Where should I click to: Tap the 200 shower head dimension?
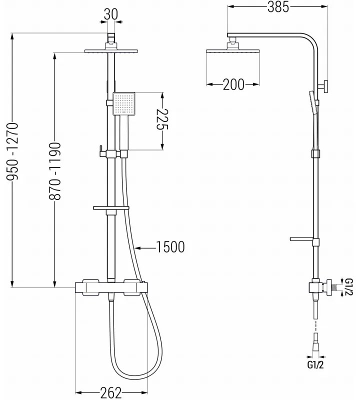[233, 85]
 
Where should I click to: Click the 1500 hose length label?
[170, 246]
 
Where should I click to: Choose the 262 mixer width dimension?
[111, 393]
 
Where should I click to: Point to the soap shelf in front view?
[111, 207]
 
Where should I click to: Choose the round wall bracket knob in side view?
[325, 86]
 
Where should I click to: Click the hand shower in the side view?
[312, 102]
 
